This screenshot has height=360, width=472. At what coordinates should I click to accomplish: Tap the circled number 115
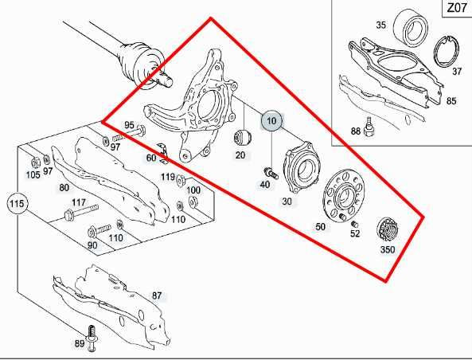[18, 205]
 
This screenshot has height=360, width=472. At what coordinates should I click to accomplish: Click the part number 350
[388, 249]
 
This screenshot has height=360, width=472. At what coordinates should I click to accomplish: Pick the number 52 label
[355, 233]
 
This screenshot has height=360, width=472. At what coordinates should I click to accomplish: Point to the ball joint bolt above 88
[369, 124]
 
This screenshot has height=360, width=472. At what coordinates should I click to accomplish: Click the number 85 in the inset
[451, 100]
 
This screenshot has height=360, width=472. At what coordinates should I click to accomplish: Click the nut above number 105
[33, 162]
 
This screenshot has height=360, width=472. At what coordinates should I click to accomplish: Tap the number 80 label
[64, 188]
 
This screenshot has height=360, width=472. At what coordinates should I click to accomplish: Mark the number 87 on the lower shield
[157, 295]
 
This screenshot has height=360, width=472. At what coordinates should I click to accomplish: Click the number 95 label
[130, 125]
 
